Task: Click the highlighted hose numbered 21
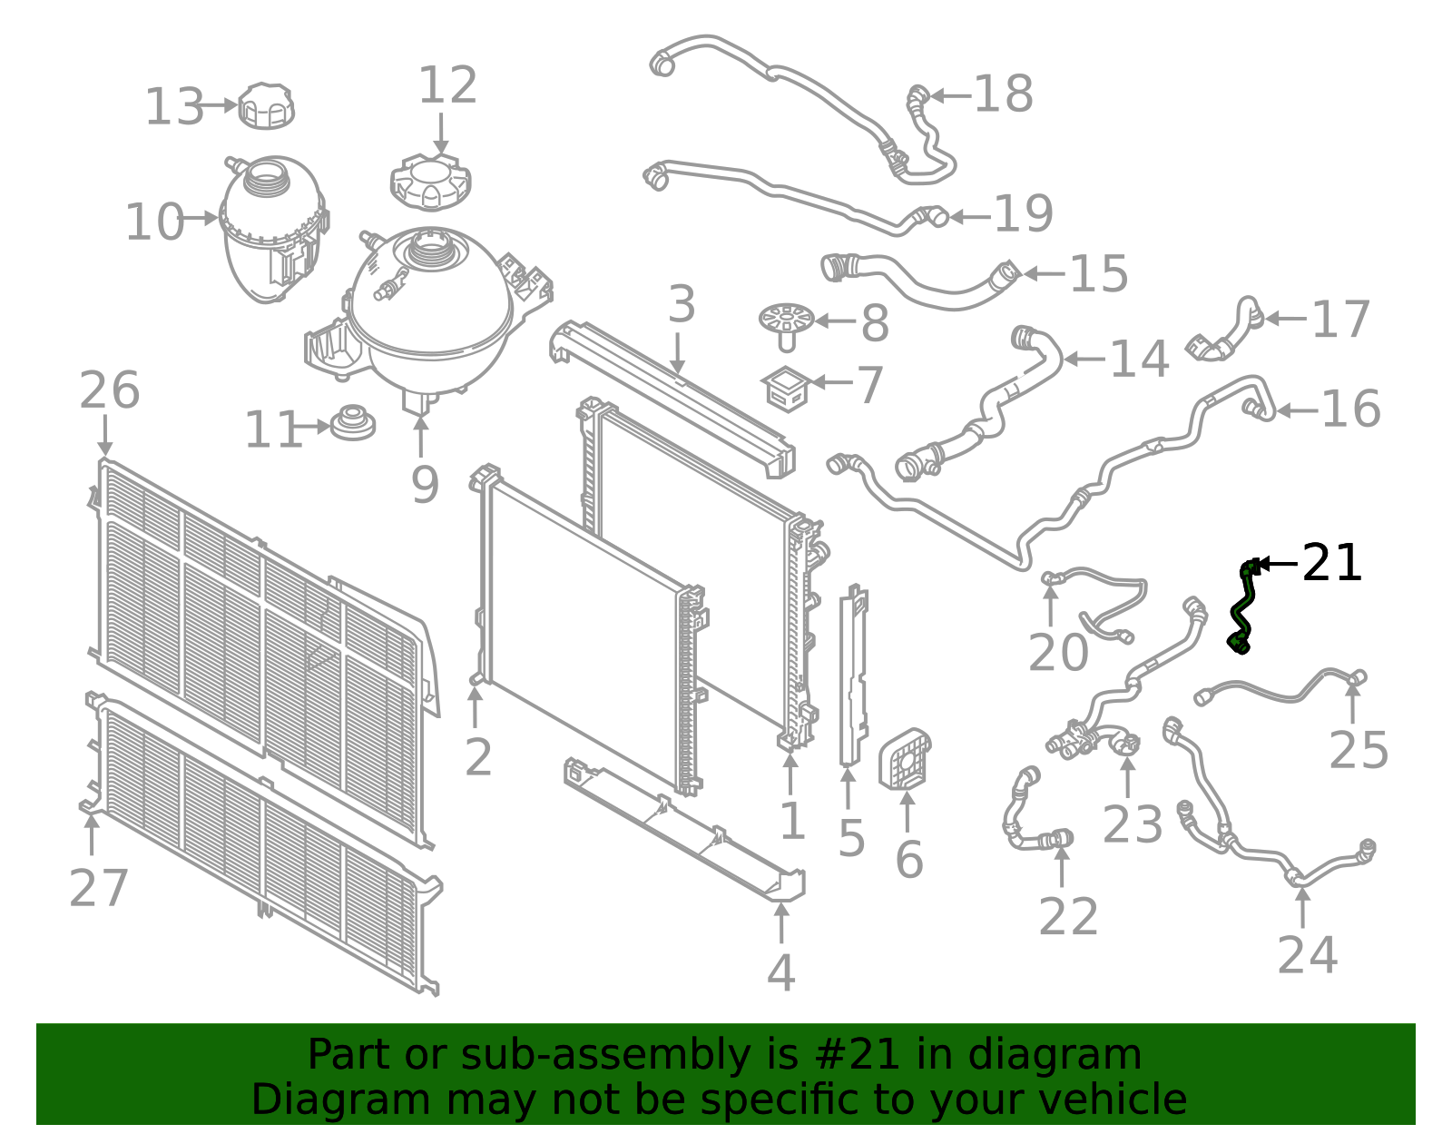pyautogui.click(x=1241, y=606)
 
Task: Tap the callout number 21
pyautogui.click(x=1331, y=564)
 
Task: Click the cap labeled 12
pyautogui.click(x=430, y=182)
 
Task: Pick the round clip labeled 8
pyautogui.click(x=786, y=322)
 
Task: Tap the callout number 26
pyautogui.click(x=109, y=390)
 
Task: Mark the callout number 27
pyautogui.click(x=99, y=888)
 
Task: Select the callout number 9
pyautogui.click(x=424, y=485)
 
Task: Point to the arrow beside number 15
pyautogui.click(x=1044, y=273)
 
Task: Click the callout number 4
pyautogui.click(x=780, y=972)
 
